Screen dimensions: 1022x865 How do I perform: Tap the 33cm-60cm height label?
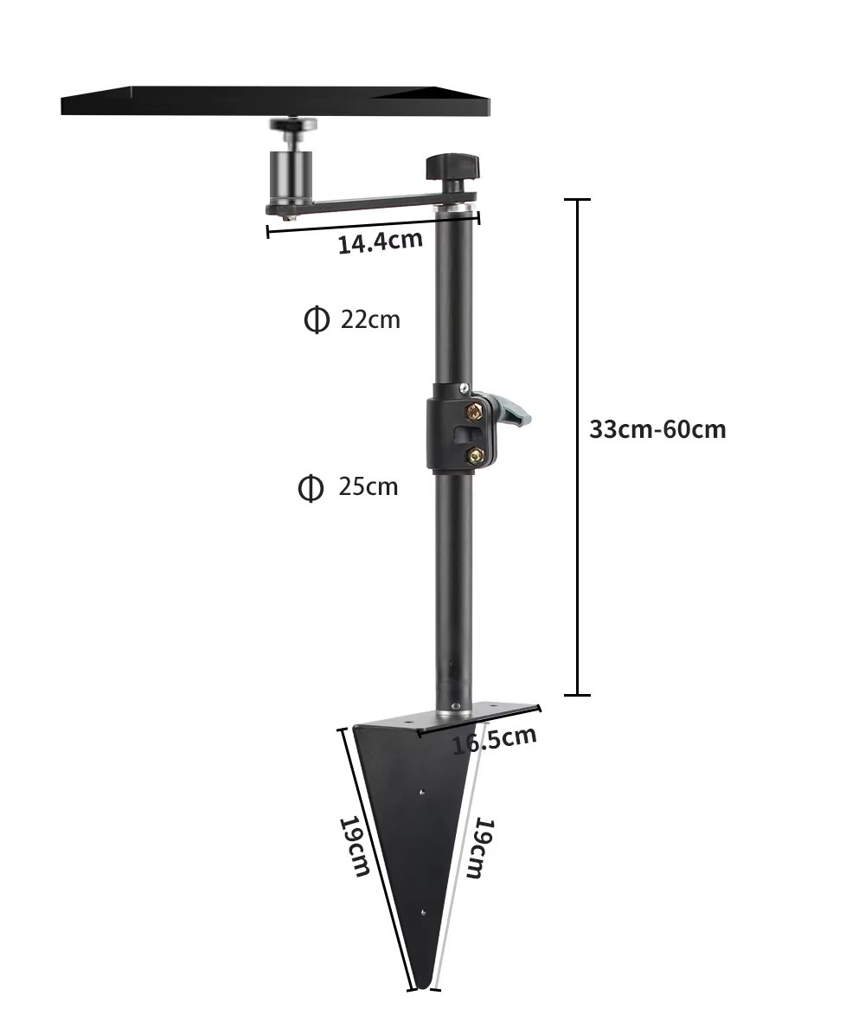pyautogui.click(x=657, y=428)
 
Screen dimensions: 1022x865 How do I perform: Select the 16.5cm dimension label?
pyautogui.click(x=494, y=741)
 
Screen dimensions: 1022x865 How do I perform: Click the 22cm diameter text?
pyautogui.click(x=370, y=319)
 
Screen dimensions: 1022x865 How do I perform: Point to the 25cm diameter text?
pyautogui.click(x=368, y=486)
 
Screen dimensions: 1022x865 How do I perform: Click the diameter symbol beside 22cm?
pyautogui.click(x=317, y=320)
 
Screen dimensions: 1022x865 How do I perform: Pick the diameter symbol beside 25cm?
pyautogui.click(x=311, y=488)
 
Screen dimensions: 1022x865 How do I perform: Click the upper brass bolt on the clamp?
pyautogui.click(x=475, y=408)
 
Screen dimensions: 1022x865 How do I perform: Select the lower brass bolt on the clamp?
pyautogui.click(x=475, y=454)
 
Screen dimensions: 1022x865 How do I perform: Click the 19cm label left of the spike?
pyautogui.click(x=356, y=845)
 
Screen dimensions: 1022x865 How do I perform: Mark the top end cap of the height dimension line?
pyautogui.click(x=577, y=200)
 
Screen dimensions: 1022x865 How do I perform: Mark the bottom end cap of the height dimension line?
pyautogui.click(x=577, y=694)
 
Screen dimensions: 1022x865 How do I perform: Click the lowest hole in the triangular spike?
pyautogui.click(x=422, y=911)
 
